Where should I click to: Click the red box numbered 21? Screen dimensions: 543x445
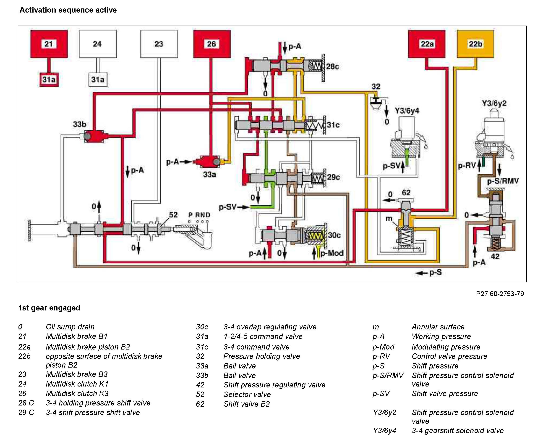click(x=49, y=44)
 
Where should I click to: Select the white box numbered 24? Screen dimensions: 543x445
click(x=98, y=44)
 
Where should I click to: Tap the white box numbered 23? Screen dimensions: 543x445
click(x=159, y=44)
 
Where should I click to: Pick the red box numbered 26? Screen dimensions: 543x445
click(x=212, y=44)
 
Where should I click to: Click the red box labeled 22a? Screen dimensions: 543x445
click(x=427, y=44)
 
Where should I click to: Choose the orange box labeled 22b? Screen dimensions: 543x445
click(x=475, y=44)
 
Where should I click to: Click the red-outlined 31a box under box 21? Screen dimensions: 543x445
click(x=49, y=79)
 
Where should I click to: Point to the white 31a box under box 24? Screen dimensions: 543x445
click(x=98, y=79)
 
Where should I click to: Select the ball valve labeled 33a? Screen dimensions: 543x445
click(x=210, y=162)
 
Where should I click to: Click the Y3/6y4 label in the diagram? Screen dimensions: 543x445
click(x=407, y=111)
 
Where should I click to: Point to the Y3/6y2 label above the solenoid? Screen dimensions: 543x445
click(x=494, y=103)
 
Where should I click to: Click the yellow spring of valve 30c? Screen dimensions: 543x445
click(x=315, y=235)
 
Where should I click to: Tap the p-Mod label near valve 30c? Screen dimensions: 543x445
click(x=332, y=253)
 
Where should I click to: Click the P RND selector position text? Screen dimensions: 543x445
click(x=199, y=215)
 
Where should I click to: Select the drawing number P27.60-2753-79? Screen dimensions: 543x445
click(x=500, y=294)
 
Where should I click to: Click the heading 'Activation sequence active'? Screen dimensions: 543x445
click(x=68, y=10)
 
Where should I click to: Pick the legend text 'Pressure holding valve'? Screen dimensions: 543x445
click(x=262, y=356)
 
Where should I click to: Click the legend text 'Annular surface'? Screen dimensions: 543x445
click(x=438, y=327)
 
